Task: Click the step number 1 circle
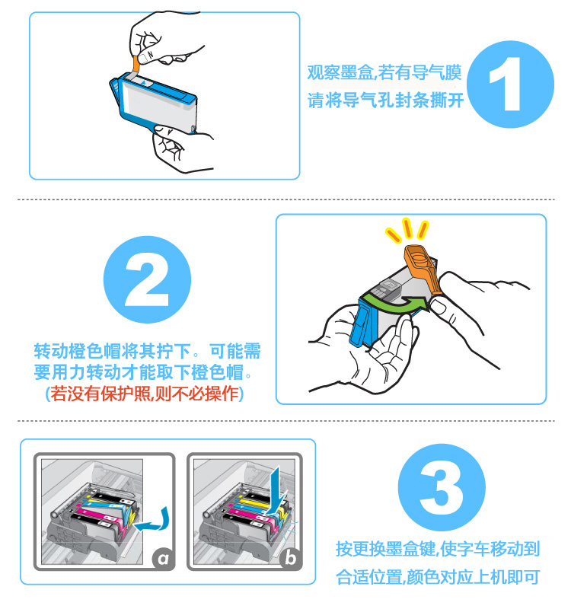click(510, 84)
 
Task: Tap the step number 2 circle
click(147, 279)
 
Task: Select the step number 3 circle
click(442, 487)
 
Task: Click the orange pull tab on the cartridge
click(136, 63)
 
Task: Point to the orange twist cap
click(423, 270)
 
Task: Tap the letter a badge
click(163, 559)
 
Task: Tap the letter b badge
click(290, 559)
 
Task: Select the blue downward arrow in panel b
click(276, 490)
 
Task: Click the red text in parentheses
click(145, 394)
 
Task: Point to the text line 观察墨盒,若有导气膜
click(384, 72)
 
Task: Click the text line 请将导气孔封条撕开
click(385, 100)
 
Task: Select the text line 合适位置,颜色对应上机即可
click(438, 577)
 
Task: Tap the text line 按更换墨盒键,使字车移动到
click(438, 549)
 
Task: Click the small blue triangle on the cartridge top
click(143, 82)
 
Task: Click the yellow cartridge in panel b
click(253, 504)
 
